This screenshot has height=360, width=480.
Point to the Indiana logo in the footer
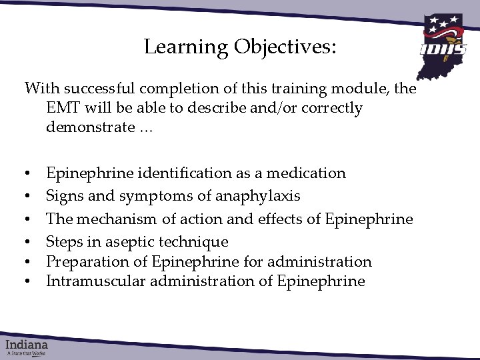[27, 346]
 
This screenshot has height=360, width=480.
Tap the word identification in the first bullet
[185, 173]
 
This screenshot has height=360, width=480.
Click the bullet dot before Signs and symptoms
[28, 197]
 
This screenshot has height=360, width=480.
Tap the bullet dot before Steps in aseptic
[28, 242]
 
